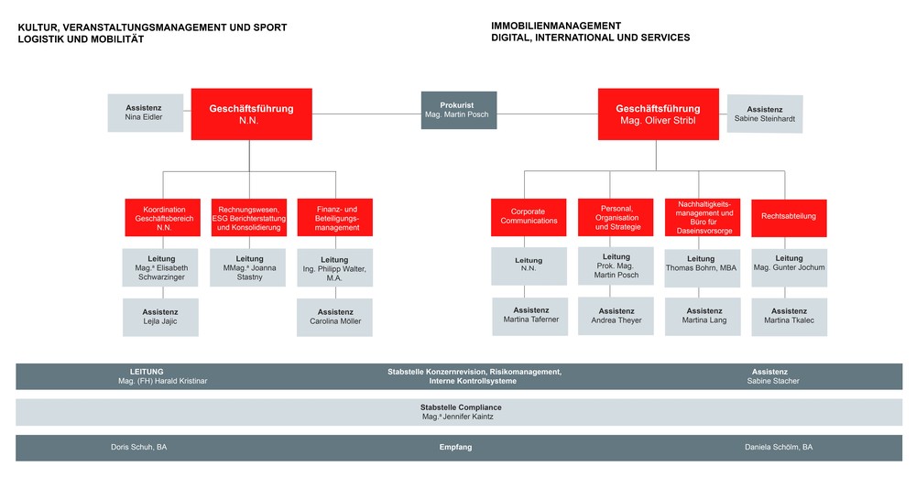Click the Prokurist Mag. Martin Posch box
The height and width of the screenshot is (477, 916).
458,110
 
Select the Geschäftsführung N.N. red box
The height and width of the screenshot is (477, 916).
251,114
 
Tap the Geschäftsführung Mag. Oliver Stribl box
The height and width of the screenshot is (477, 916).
658,114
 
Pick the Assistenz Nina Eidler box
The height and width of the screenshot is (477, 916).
143,112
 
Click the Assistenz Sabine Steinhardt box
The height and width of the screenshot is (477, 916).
765,114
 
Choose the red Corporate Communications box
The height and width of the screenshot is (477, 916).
529,217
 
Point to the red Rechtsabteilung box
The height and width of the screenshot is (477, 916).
788,217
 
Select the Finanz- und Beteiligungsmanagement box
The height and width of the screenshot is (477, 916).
335,217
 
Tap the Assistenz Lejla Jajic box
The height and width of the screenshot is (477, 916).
160,317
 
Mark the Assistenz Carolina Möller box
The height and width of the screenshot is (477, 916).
335,317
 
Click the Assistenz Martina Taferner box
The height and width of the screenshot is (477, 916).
530,316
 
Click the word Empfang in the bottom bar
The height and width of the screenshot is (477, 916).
457,448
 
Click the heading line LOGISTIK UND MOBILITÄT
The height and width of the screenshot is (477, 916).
82,39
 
